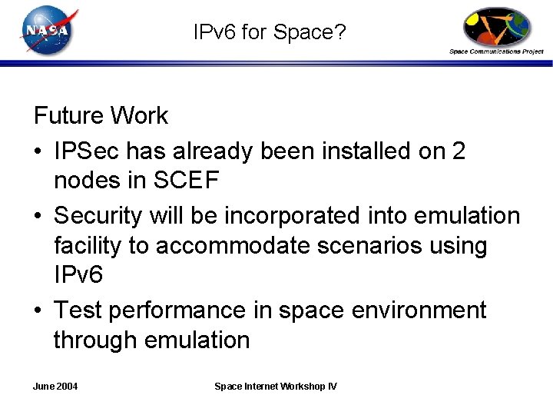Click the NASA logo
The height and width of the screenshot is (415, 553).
(x=47, y=31)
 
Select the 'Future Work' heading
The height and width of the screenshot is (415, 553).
(x=101, y=116)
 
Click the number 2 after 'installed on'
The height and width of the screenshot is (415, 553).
(x=459, y=151)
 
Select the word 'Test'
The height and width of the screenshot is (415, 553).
(x=78, y=310)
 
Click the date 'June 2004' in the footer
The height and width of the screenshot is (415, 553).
(x=56, y=386)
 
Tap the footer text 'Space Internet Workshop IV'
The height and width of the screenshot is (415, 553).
(x=275, y=386)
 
